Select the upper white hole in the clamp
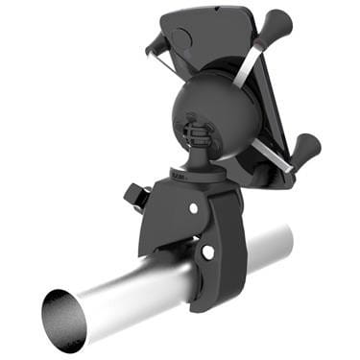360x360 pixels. click(194, 207)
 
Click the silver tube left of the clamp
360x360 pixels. click(125, 293)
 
